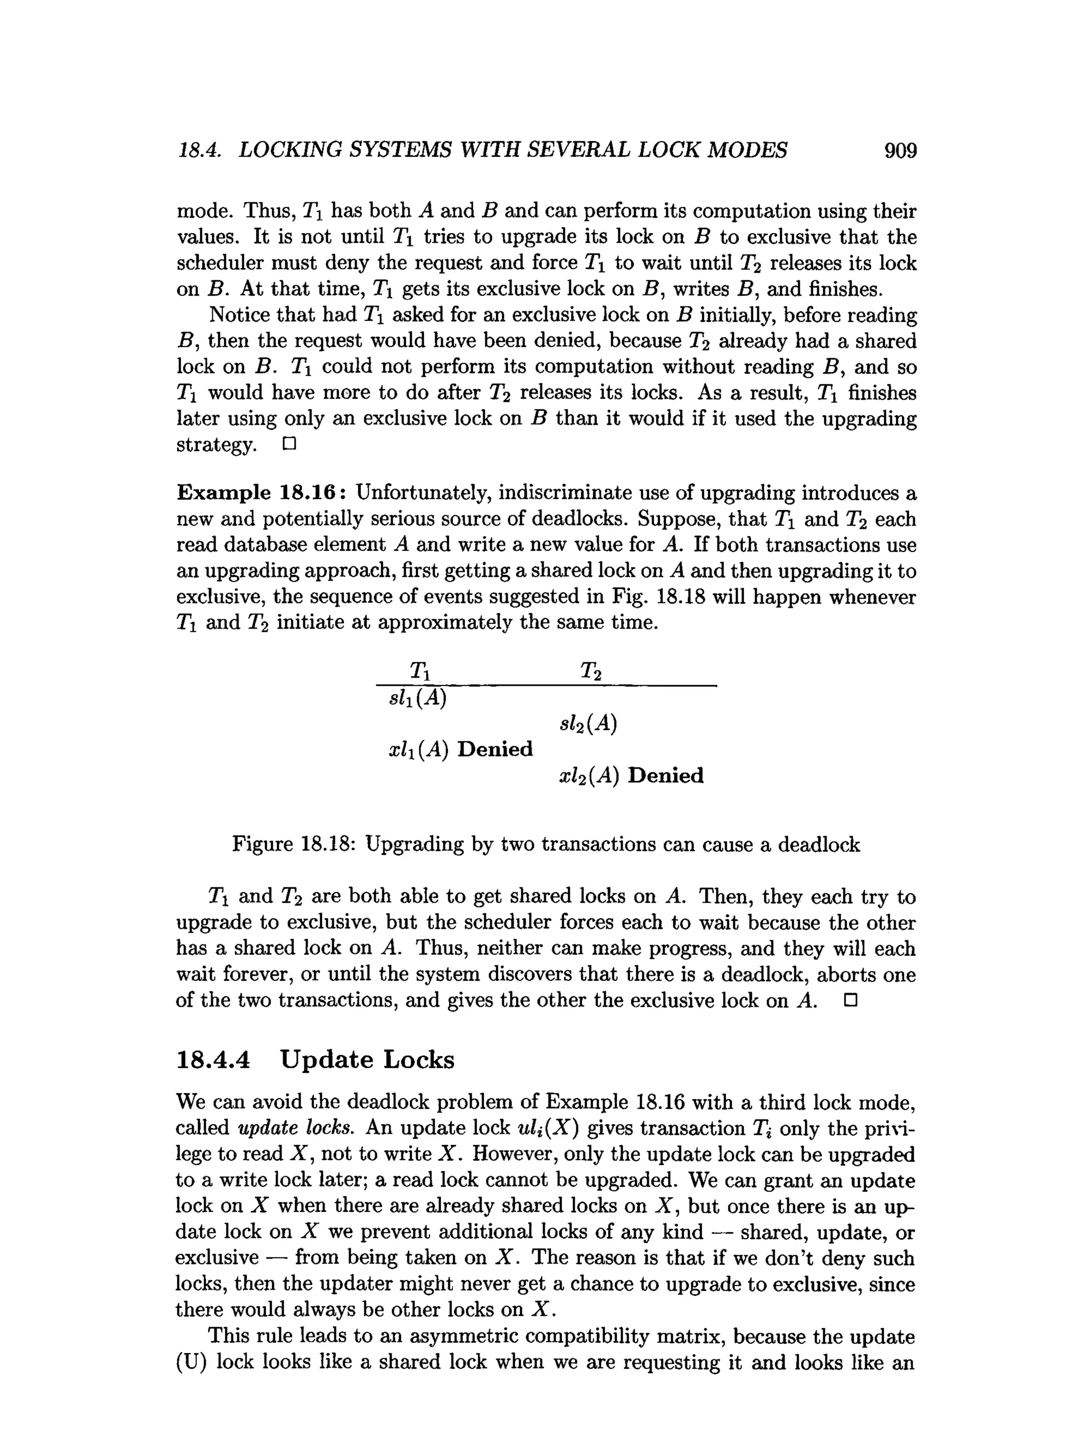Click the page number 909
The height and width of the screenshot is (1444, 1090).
point(900,151)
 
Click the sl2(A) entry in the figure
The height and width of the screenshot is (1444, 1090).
point(588,723)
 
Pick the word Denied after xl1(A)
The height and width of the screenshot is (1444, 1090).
point(495,749)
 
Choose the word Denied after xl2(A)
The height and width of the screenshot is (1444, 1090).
point(666,775)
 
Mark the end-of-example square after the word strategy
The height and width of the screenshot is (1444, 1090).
point(289,444)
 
